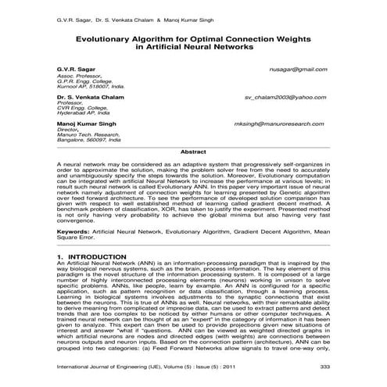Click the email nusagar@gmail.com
click(x=297, y=69)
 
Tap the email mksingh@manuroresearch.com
click(x=280, y=124)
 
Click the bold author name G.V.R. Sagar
click(x=74, y=69)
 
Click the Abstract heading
click(x=193, y=151)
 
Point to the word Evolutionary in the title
click(x=107, y=37)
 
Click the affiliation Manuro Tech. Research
click(x=86, y=135)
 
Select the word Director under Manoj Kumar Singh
click(x=69, y=130)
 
